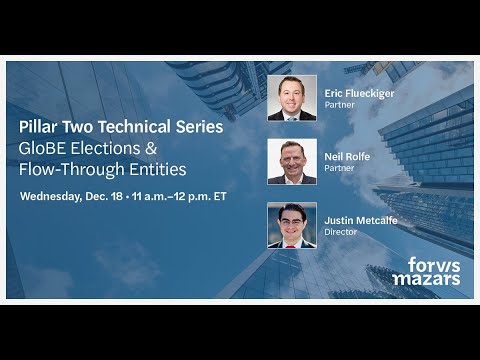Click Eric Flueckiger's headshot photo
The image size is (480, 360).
[x=292, y=98]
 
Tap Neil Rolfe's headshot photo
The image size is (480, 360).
[x=292, y=161]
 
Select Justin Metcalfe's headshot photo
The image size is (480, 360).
[x=292, y=225]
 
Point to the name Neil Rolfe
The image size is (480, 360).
[x=345, y=156]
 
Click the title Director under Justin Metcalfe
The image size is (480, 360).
[x=341, y=231]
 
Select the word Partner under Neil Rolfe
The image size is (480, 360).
[x=340, y=167]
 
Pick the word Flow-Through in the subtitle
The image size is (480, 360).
[x=69, y=170]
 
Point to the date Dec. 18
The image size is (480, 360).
[x=116, y=195]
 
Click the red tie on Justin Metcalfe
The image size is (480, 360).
[x=292, y=243]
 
